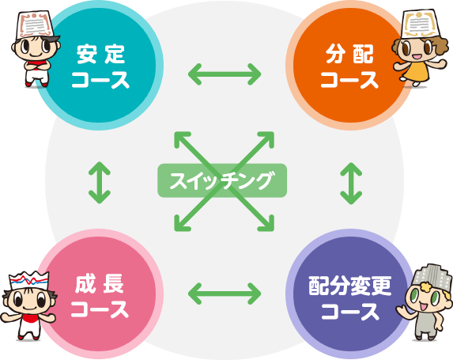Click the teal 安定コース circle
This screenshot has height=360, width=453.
click(100, 66)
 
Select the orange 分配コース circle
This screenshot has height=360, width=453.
click(349, 66)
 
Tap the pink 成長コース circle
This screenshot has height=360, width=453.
click(100, 294)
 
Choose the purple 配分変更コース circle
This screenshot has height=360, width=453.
click(349, 294)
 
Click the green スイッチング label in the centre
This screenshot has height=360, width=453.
click(222, 180)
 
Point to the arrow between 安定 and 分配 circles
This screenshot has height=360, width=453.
click(225, 74)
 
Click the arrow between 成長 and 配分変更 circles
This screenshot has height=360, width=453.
click(225, 294)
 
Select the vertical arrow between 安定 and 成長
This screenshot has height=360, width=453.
click(100, 183)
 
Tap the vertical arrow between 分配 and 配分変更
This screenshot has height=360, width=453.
click(351, 184)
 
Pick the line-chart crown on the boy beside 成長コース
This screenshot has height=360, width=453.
click(28, 280)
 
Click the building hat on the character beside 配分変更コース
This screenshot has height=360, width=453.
click(432, 274)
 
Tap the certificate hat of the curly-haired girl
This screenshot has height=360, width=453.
click(418, 24)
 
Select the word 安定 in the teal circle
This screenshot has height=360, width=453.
click(100, 54)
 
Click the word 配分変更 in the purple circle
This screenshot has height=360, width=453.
click(350, 286)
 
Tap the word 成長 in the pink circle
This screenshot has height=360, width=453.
click(100, 284)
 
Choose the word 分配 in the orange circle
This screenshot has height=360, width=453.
click(349, 54)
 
